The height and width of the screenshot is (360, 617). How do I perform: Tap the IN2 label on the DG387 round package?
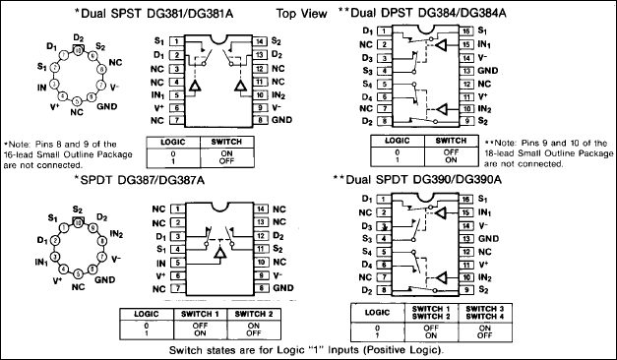point(117,234)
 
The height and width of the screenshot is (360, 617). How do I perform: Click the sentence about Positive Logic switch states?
point(306,349)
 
